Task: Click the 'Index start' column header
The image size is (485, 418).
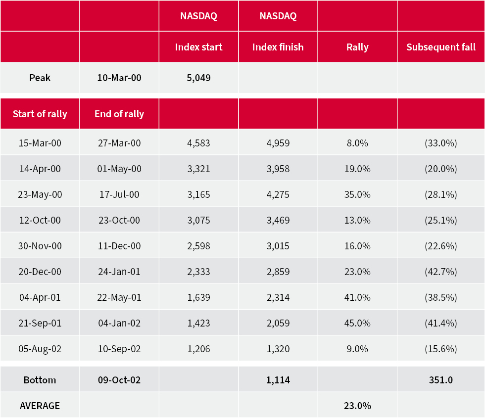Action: (198, 47)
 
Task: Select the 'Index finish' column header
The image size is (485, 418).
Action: (278, 47)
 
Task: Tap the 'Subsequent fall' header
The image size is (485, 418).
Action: (441, 47)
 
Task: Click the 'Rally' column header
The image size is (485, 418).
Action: (357, 47)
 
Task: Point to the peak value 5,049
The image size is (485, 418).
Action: (198, 78)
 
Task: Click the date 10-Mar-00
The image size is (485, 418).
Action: (119, 78)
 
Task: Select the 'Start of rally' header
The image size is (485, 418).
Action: (40, 114)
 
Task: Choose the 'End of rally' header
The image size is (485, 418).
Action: (119, 114)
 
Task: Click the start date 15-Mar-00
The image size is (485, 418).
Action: (40, 143)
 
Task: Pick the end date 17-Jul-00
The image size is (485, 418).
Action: (119, 194)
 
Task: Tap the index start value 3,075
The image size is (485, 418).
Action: (198, 220)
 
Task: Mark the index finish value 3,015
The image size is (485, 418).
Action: (278, 246)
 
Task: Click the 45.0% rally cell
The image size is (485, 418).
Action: (357, 323)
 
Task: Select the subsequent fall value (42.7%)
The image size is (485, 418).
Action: (441, 272)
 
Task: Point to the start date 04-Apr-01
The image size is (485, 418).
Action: (40, 297)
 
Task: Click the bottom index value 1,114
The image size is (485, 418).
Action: (278, 380)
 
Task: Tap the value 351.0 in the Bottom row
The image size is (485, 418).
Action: (441, 380)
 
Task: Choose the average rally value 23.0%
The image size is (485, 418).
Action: (357, 406)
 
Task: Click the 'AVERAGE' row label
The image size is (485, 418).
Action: (40, 406)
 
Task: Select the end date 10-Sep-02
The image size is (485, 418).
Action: (119, 349)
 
